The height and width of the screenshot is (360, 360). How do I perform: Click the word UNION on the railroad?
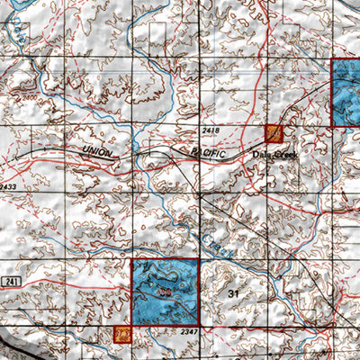(98, 153)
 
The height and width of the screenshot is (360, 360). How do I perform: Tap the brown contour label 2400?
(30, 96)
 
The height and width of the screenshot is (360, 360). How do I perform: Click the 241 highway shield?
(11, 283)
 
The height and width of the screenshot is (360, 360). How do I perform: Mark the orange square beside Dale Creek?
(274, 134)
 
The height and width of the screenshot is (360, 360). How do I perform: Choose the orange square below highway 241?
(122, 335)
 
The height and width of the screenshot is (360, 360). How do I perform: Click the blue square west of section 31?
(166, 292)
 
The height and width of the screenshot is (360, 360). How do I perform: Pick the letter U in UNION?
(85, 149)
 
